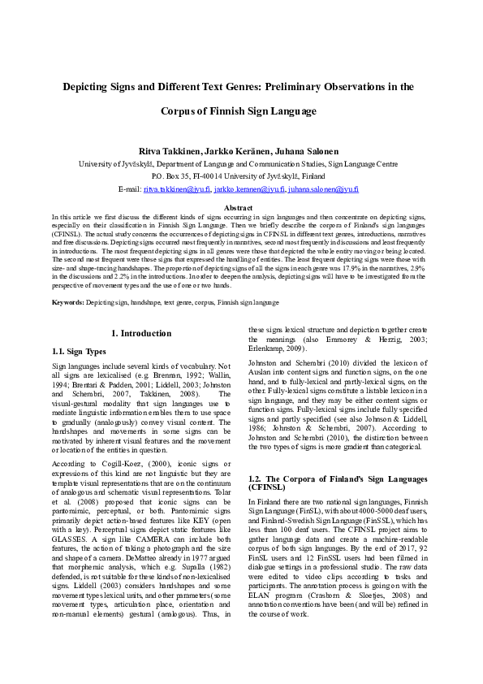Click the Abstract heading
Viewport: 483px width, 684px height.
(241, 209)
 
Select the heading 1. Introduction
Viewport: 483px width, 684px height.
(140, 334)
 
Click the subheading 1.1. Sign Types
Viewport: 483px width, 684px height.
(78, 352)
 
